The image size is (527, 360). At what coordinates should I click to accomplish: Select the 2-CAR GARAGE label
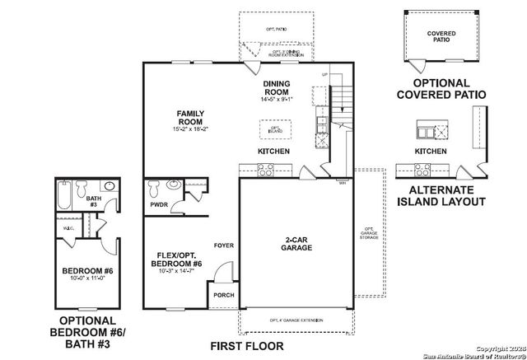pyautogui.click(x=296, y=242)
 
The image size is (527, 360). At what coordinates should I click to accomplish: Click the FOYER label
pyautogui.click(x=223, y=245)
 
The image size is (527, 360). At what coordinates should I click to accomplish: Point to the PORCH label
pyautogui.click(x=222, y=296)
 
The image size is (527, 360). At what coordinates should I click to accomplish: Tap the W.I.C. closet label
pyautogui.click(x=68, y=228)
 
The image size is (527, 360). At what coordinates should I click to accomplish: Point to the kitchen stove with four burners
pyautogui.click(x=267, y=170)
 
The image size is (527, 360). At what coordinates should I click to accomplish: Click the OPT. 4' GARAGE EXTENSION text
pyautogui.click(x=295, y=320)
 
